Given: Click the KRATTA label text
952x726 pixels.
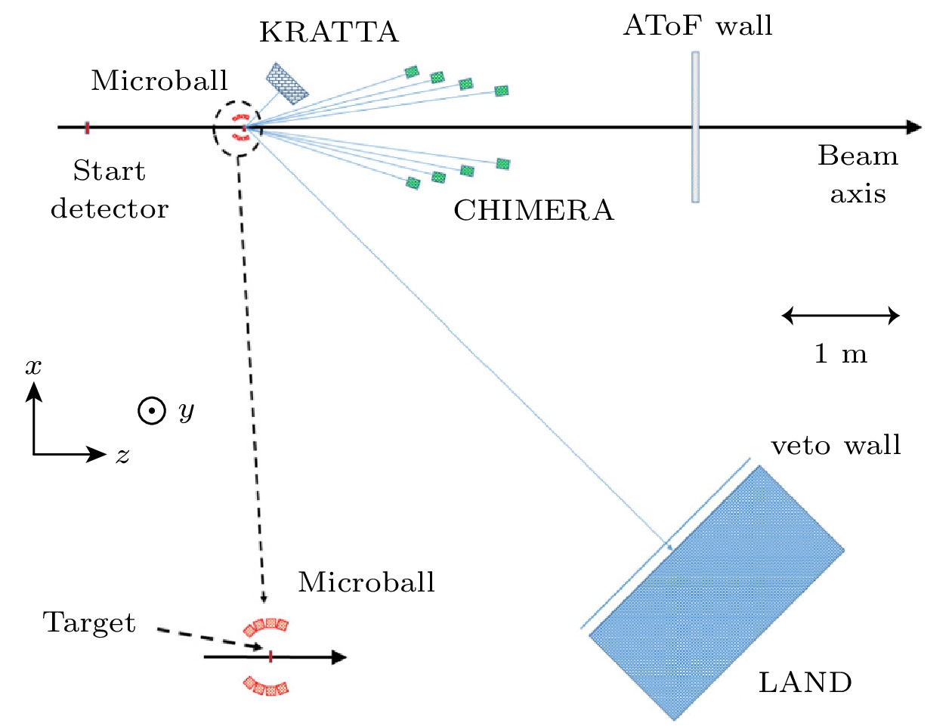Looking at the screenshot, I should click(329, 32).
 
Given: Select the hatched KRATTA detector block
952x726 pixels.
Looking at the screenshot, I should click(287, 83).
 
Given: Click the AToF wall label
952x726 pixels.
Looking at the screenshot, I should click(697, 26).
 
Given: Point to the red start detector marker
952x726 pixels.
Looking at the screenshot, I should click(87, 128).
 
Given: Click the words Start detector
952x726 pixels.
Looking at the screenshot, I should click(110, 190).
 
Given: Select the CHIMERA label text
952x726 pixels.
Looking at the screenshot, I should click(533, 211).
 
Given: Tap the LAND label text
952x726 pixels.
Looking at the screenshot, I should click(805, 683).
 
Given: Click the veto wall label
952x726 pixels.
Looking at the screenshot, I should click(836, 446).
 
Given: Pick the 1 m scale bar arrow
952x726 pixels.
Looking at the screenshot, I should click(840, 316).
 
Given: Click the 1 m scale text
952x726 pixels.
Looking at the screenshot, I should click(840, 354).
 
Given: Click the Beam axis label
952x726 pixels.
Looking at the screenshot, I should click(858, 175).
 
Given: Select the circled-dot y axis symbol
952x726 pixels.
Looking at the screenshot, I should click(152, 411).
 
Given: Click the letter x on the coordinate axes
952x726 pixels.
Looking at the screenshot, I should click(33, 367).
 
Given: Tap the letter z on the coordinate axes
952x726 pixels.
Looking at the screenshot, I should click(122, 455).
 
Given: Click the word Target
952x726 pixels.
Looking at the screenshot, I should click(89, 623).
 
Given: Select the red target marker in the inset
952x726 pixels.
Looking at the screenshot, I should click(270, 656).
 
